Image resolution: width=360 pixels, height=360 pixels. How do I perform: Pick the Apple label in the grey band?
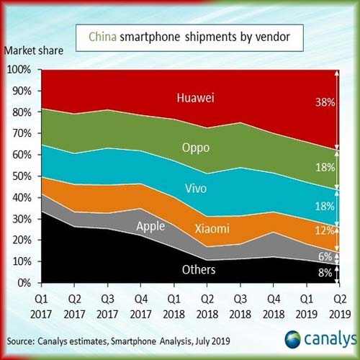tap(150, 226)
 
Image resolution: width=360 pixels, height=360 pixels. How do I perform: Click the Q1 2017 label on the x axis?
tap(42, 304)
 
